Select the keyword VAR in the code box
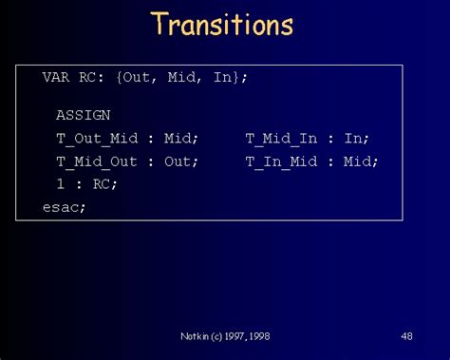click(55, 77)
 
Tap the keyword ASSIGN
click(83, 115)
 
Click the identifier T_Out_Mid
click(97, 139)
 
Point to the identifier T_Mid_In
click(282, 139)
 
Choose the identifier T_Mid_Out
click(97, 161)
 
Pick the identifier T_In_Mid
click(282, 161)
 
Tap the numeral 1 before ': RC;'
click(60, 184)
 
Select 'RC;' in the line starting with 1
click(104, 184)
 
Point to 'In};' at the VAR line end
click(231, 77)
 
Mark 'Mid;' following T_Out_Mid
click(181, 139)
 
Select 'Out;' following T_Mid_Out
click(181, 161)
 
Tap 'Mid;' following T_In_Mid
click(362, 161)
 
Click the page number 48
click(406, 336)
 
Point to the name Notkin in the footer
click(196, 336)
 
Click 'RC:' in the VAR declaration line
click(97, 77)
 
